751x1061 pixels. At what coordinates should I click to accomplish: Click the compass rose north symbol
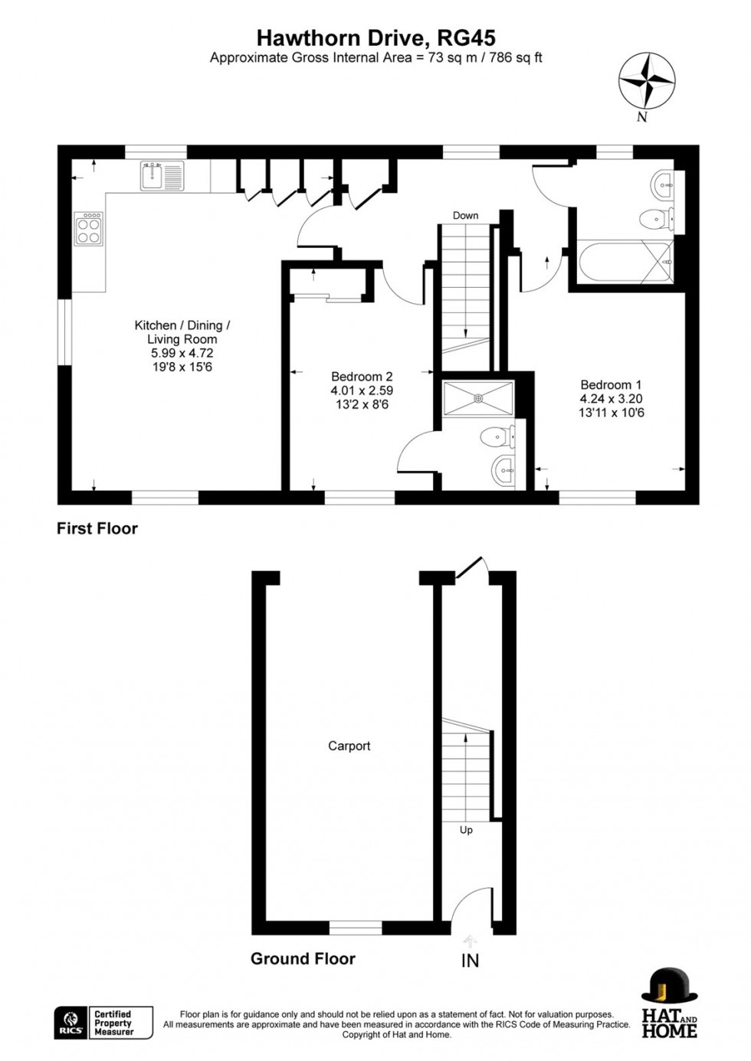point(648,81)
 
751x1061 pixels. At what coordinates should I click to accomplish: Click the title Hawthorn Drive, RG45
point(375,38)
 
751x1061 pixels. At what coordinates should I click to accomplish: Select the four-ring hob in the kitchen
point(89,228)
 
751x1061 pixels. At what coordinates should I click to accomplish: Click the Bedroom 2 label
point(362,377)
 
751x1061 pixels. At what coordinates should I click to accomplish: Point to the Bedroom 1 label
point(611,385)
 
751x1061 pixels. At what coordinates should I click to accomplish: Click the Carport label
point(349,746)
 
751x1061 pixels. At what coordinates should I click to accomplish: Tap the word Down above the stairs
point(465,215)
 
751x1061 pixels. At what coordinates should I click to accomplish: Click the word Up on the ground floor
point(466,830)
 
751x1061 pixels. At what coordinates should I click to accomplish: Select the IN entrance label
point(470,961)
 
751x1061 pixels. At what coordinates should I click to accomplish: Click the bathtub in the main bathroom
point(625,263)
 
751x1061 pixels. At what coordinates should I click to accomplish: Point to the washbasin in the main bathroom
point(663,182)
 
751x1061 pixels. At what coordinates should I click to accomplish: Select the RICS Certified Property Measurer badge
point(103,1023)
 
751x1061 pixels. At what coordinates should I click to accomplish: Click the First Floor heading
point(97,528)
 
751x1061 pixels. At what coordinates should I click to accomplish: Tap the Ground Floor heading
point(303,958)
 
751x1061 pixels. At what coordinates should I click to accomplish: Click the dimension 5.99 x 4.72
point(182,353)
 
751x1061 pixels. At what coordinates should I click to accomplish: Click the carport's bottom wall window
point(356,928)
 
